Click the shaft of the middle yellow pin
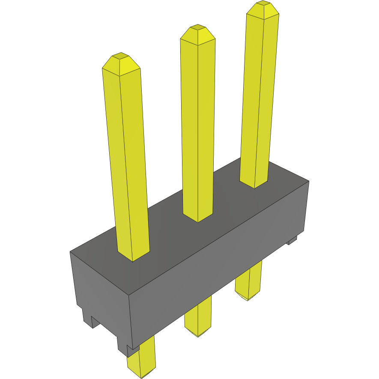click(197, 128)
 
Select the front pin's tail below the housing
click(141, 362)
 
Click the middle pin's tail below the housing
click(198, 319)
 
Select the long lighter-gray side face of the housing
click(218, 266)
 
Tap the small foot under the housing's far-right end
click(292, 240)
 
